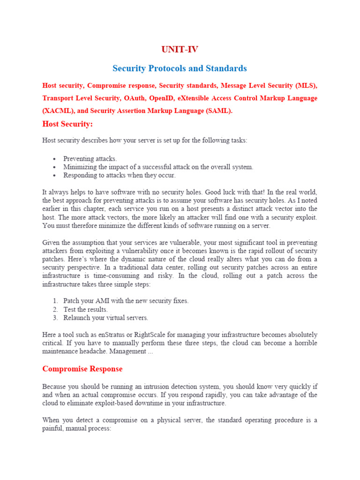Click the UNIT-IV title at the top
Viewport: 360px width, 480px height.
tap(180, 50)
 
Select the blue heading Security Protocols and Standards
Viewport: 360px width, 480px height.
tap(180, 68)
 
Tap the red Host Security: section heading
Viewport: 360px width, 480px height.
tap(67, 124)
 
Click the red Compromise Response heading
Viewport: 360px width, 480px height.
tap(82, 369)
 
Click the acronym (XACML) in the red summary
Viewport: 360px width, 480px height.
tap(57, 111)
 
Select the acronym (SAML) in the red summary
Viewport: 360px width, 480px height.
tap(217, 111)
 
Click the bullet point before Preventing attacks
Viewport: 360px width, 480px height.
tap(55, 159)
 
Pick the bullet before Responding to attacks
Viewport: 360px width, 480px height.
tap(55, 175)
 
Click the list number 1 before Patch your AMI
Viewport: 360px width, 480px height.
tap(55, 301)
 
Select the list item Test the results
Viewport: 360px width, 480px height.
tap(85, 309)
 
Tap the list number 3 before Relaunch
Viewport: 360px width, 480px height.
tap(55, 318)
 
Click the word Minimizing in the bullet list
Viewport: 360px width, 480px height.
tap(80, 167)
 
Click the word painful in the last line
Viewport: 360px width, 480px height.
tap(52, 428)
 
